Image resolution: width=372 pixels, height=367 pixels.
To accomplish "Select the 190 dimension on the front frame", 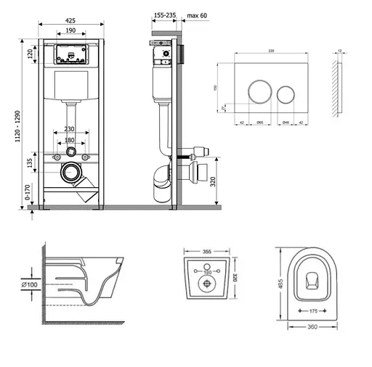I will pos(70,31).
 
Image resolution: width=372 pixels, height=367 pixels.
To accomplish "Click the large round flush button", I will pos(254,92).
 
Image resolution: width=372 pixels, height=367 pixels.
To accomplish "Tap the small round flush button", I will pos(284,92).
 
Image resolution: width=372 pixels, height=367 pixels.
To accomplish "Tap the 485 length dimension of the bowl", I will pos(280,285).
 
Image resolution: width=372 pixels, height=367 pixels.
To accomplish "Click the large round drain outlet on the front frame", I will pos(70,173).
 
